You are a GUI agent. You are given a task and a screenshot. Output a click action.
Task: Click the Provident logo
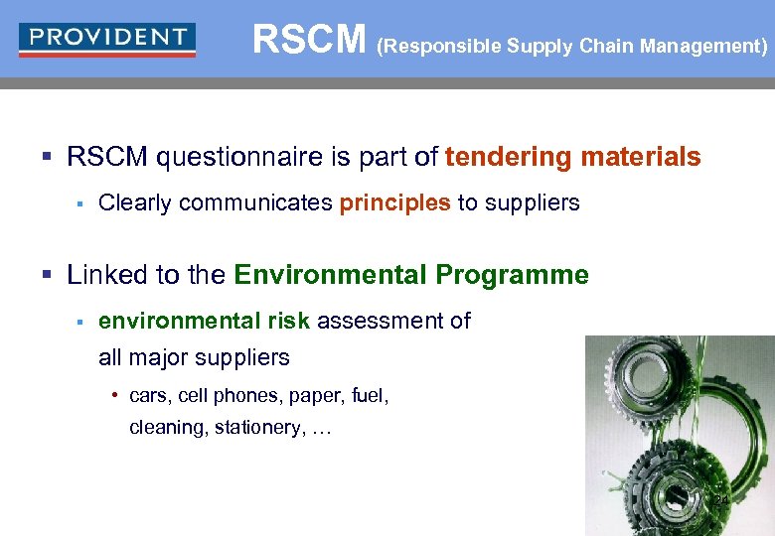(x=107, y=39)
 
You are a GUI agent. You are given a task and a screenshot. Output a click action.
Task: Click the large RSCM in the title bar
(x=309, y=40)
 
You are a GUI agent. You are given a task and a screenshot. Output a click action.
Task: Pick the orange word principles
(x=394, y=202)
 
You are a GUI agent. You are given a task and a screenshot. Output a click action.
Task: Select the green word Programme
(x=527, y=275)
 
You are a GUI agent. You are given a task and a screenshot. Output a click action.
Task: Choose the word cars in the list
(x=148, y=396)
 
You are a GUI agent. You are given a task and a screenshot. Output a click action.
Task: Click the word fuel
(x=369, y=396)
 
